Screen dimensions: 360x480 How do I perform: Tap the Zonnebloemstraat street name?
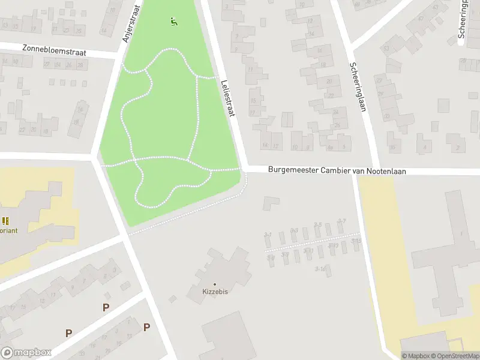click(x=54, y=50)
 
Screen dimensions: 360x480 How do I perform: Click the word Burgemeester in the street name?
click(x=292, y=171)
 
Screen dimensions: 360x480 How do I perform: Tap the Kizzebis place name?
click(x=215, y=292)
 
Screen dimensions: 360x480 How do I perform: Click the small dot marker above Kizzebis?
click(x=215, y=284)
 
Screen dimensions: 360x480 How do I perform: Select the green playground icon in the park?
click(x=174, y=22)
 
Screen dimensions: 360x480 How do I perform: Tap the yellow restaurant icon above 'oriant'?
click(x=5, y=221)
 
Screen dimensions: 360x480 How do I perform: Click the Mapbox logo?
click(x=26, y=353)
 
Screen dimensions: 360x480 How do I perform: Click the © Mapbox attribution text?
click(x=415, y=356)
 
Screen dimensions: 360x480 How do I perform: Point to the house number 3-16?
click(x=320, y=269)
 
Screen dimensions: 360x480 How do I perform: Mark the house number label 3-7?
click(x=341, y=221)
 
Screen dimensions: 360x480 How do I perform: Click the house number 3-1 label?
click(x=268, y=235)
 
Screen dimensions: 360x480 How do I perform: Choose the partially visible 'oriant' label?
click(x=8, y=230)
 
